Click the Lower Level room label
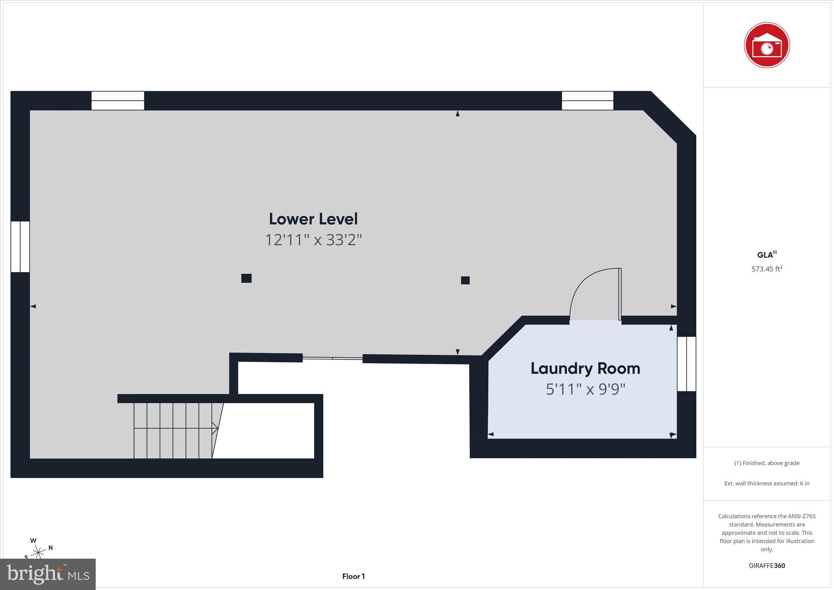point(313,219)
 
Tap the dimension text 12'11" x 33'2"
point(313,240)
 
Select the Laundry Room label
point(585,368)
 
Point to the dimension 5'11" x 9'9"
point(585,389)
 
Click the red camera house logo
point(766,45)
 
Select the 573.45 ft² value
point(766,269)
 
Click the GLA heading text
point(766,255)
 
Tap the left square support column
point(246,278)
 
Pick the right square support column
point(465,280)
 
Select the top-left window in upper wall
point(118,101)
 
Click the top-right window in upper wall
point(587,101)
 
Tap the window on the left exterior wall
point(20,247)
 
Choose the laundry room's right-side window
point(686,364)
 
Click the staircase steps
point(173,430)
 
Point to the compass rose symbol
point(38,552)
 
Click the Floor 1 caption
point(353,576)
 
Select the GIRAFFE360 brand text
point(766,566)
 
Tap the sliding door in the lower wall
point(332,358)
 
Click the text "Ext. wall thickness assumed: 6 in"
point(766,483)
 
